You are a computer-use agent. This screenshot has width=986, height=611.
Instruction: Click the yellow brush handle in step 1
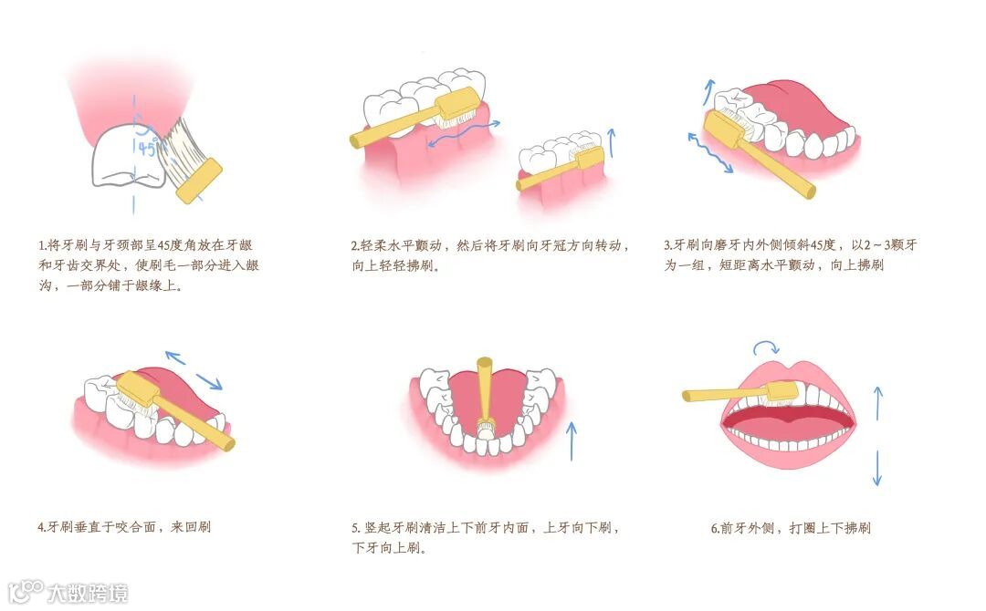(198, 180)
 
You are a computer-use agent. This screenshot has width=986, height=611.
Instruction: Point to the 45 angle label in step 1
(146, 149)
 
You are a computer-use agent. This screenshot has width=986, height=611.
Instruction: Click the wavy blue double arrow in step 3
(709, 152)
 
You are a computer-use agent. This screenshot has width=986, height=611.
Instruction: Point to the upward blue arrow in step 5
(572, 440)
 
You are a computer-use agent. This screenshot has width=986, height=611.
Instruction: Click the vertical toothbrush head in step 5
(486, 425)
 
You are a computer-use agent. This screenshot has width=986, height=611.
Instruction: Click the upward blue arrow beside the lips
(877, 401)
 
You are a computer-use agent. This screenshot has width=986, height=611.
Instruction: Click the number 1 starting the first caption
(41, 245)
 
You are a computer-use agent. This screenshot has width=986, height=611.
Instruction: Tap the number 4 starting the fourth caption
(41, 527)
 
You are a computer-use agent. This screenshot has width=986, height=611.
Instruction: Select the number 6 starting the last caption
(714, 528)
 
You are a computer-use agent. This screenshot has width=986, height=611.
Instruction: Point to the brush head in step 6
(781, 392)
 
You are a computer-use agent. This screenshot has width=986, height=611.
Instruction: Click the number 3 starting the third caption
(667, 245)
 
